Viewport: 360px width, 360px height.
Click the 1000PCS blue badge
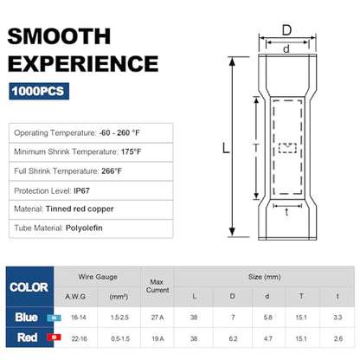coord(39,91)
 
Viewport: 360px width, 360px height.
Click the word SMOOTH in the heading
coord(59,36)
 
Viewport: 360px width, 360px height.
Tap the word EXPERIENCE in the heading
coord(83,64)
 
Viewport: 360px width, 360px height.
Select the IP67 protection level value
coord(81,190)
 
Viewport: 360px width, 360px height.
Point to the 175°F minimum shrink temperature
coord(132,151)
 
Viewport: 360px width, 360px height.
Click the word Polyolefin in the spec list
coord(84,228)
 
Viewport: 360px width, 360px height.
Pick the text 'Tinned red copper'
coord(80,209)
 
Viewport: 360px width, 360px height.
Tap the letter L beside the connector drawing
coord(226,148)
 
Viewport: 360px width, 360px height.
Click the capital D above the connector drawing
coord(286,30)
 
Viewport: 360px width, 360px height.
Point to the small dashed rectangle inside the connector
coord(287,148)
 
